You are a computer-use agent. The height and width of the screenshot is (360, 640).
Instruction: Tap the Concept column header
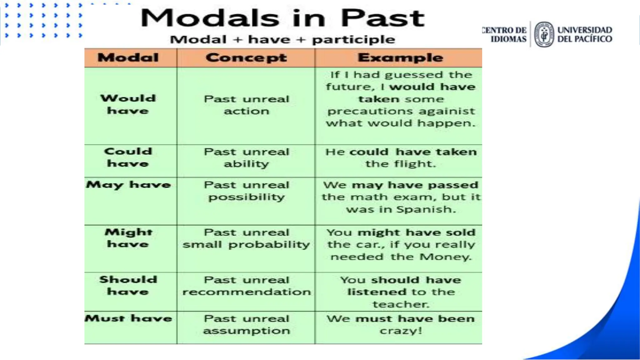[x=246, y=58]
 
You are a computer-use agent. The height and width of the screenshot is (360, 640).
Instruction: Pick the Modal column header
[x=128, y=58]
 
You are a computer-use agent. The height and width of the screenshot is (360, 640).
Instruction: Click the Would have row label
[x=128, y=104]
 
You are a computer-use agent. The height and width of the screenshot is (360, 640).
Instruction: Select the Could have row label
[x=128, y=157]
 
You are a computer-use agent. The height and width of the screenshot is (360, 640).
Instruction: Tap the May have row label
[x=128, y=185]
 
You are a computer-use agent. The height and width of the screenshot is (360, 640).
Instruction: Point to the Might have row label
[x=128, y=238]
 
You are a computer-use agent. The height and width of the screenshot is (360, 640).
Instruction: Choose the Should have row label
[x=128, y=286]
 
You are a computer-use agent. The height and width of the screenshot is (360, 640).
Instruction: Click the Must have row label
[x=128, y=318]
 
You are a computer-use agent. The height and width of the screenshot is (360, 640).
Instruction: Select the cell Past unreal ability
[x=246, y=158]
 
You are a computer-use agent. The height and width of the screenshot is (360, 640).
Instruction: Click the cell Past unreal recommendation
[x=246, y=286]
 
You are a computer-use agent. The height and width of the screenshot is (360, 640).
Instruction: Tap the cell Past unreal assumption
[x=246, y=325]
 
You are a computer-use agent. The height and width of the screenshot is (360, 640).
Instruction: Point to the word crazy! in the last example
[x=401, y=331]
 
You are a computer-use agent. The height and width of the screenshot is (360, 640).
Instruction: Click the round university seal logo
[x=544, y=34]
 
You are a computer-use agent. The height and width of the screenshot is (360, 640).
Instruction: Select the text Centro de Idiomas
[x=505, y=34]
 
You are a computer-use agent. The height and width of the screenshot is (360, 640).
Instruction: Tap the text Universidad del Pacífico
[x=584, y=34]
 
